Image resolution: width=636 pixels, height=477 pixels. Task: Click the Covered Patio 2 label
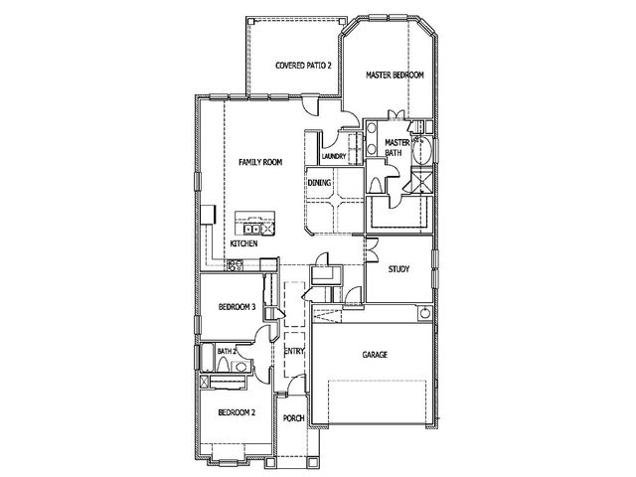[303, 66]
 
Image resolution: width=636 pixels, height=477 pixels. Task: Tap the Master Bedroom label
[396, 76]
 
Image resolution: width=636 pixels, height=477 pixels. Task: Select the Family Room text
[260, 162]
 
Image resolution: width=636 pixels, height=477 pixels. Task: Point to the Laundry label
[334, 157]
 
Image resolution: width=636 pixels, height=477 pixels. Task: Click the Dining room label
[319, 183]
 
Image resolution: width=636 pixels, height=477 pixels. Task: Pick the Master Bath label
[397, 148]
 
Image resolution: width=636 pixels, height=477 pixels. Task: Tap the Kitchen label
[243, 243]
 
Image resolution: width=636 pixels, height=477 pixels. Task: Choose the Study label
[398, 269]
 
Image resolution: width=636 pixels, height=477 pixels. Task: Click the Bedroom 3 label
[237, 307]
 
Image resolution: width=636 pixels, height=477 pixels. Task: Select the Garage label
[375, 355]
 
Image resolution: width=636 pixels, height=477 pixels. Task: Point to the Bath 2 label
[227, 351]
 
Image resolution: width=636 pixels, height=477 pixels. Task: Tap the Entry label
[294, 351]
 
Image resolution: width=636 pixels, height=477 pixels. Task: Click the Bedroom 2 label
[237, 413]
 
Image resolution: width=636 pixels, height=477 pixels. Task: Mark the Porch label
[294, 418]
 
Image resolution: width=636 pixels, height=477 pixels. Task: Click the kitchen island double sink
[252, 230]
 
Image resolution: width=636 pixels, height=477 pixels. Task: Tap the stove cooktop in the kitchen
[235, 265]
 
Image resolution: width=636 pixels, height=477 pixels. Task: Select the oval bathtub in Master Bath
[422, 150]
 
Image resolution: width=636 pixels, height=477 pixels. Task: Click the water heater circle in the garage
[425, 314]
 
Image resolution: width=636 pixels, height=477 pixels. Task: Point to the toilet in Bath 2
[223, 365]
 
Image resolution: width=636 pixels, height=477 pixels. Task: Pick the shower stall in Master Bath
[421, 181]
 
